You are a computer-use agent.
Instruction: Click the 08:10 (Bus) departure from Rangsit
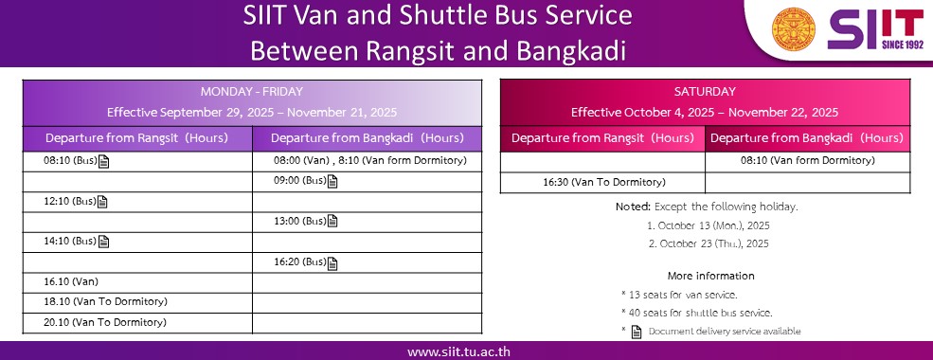pyautogui.click(x=70, y=161)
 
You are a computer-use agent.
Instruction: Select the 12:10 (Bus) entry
pyautogui.click(x=70, y=202)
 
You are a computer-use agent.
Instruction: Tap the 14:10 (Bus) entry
pyautogui.click(x=70, y=242)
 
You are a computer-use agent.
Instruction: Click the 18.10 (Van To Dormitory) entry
pyautogui.click(x=105, y=301)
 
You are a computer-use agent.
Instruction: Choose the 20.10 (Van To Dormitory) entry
pyautogui.click(x=105, y=322)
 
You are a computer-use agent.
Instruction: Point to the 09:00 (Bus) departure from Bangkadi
pyautogui.click(x=300, y=181)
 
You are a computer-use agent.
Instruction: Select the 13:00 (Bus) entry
pyautogui.click(x=300, y=222)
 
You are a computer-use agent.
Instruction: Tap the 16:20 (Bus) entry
pyautogui.click(x=300, y=261)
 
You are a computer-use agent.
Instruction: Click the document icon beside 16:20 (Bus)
pyautogui.click(x=332, y=263)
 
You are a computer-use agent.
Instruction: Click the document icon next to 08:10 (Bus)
pyautogui.click(x=103, y=161)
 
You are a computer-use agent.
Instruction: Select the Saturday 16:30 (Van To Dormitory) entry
pyautogui.click(x=604, y=182)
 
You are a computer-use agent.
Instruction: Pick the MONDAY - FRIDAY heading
pyautogui.click(x=252, y=92)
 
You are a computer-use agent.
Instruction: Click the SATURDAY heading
pyautogui.click(x=705, y=92)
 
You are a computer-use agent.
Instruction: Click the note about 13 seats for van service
pyautogui.click(x=679, y=295)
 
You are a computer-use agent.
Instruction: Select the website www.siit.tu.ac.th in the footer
pyautogui.click(x=458, y=351)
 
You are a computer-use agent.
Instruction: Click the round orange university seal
pyautogui.click(x=794, y=29)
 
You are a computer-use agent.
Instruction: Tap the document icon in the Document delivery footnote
pyautogui.click(x=637, y=332)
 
